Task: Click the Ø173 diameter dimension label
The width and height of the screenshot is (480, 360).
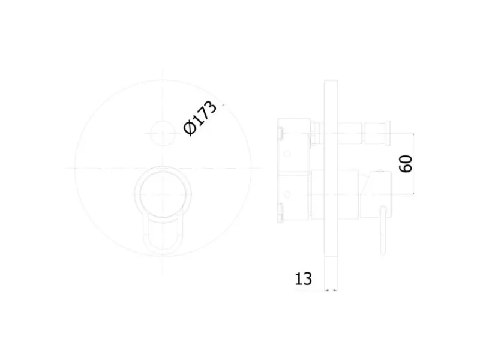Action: click(200, 118)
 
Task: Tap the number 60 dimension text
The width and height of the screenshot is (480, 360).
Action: click(406, 164)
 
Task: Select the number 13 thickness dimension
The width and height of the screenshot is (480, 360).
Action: click(304, 279)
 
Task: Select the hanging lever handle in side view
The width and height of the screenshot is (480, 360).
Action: click(383, 230)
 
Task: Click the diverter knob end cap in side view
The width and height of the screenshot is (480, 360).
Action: click(388, 133)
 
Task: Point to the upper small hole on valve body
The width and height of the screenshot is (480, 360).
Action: click(287, 154)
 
